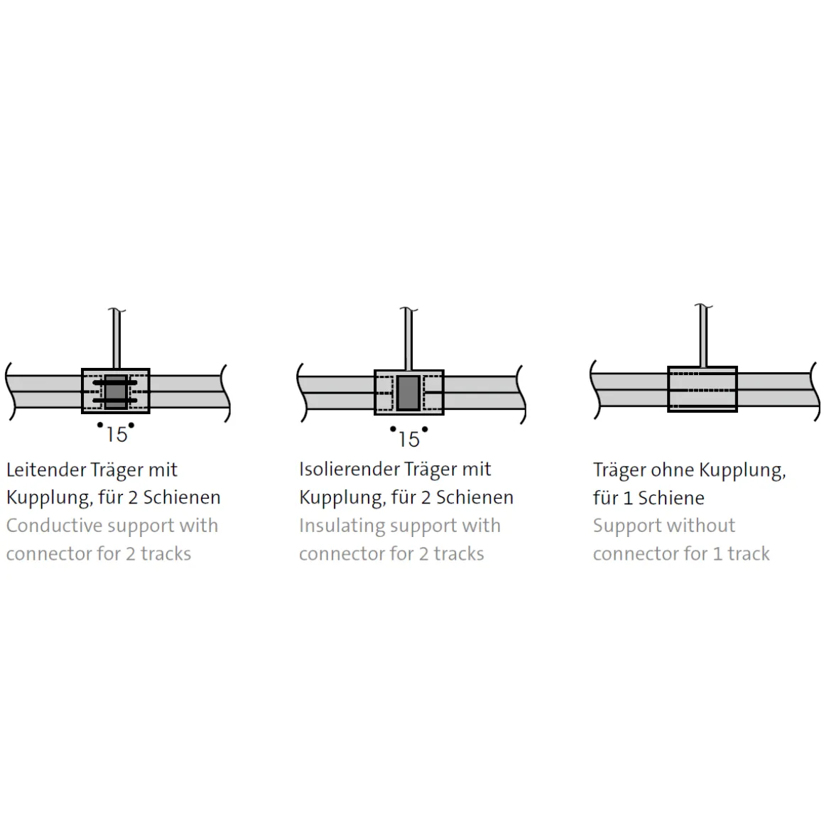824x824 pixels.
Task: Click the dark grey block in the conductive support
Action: pyautogui.click(x=116, y=391)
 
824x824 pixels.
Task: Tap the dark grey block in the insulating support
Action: pyautogui.click(x=408, y=393)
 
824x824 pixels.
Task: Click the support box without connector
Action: pyautogui.click(x=702, y=389)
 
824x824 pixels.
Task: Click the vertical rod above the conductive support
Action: pyautogui.click(x=116, y=339)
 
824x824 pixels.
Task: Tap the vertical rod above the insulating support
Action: pyautogui.click(x=408, y=340)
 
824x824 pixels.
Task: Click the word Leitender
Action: pyautogui.click(x=46, y=470)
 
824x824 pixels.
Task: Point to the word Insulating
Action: pyautogui.click(x=342, y=526)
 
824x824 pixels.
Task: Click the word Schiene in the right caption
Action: pyautogui.click(x=671, y=498)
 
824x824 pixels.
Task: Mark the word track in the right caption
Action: pyautogui.click(x=748, y=553)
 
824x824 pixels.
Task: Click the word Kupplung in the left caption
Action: pyautogui.click(x=50, y=497)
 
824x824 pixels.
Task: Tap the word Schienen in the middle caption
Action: pyautogui.click(x=475, y=497)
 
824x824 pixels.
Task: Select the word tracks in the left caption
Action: pyautogui.click(x=166, y=553)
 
